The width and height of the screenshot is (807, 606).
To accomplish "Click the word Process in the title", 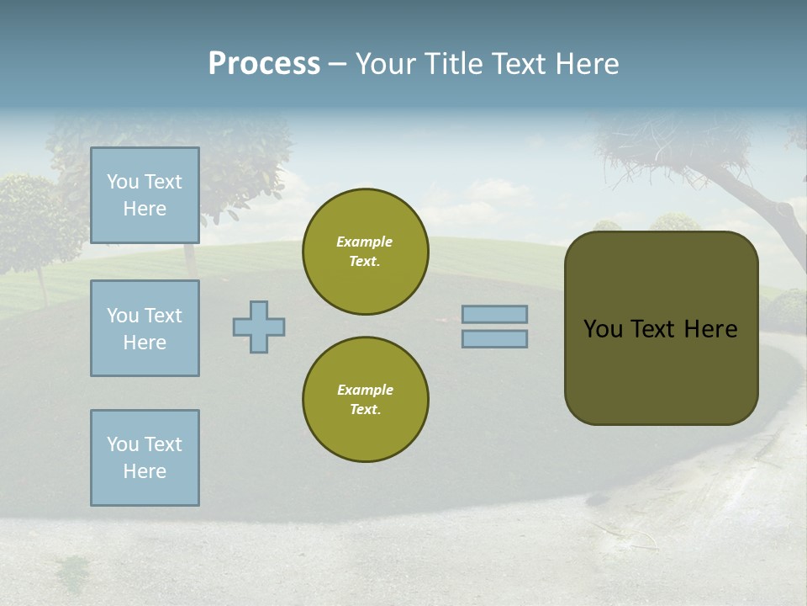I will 264,64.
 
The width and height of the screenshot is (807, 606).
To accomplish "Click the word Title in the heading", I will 454,64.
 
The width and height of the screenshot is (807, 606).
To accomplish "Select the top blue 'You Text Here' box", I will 145,195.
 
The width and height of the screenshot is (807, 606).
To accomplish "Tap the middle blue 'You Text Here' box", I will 145,328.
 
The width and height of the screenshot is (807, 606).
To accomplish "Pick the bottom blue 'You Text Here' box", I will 145,458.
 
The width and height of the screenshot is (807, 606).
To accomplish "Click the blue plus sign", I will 259,327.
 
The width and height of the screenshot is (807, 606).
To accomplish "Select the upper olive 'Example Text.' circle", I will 366,252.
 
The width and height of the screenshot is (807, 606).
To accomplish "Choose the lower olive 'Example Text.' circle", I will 366,400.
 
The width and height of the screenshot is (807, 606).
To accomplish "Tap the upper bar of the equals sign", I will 494,314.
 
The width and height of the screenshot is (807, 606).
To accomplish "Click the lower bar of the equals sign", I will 494,338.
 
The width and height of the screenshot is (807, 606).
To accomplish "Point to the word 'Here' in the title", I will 587,64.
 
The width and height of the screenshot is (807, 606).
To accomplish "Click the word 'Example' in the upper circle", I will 364,242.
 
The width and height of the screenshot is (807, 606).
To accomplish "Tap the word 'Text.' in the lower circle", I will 365,410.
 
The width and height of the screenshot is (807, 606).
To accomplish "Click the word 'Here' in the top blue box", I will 145,209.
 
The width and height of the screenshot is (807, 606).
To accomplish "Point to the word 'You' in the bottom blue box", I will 123,444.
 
